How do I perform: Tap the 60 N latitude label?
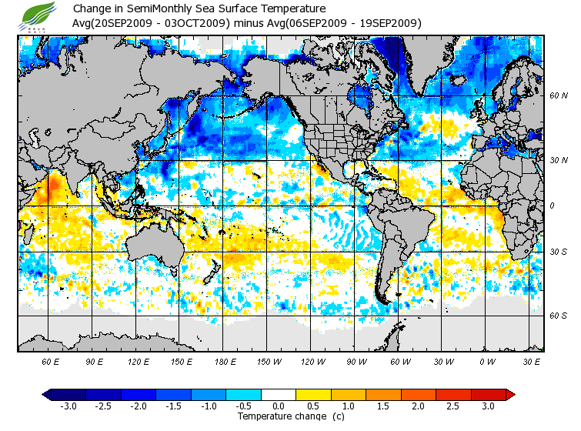point(559,95)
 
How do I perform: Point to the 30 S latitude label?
point(559,252)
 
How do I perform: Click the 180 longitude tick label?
point(225,360)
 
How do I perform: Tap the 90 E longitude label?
point(94,360)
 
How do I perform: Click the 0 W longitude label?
point(486,360)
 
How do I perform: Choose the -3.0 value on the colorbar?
point(68,406)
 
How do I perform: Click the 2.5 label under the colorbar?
point(453,406)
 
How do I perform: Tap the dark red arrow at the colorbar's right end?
point(509,395)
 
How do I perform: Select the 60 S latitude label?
point(559,316)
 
